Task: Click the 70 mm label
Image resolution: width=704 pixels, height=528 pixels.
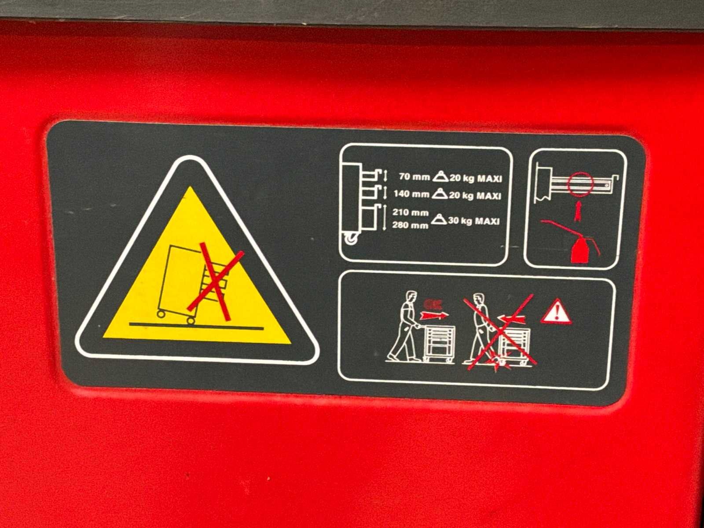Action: click(x=414, y=176)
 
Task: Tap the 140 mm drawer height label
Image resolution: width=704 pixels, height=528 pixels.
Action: click(x=411, y=194)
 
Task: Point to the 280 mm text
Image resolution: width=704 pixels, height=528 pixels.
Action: click(x=410, y=225)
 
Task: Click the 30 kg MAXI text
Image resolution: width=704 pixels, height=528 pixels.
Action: click(x=474, y=221)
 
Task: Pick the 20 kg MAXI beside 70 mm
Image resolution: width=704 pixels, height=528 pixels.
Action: click(x=476, y=178)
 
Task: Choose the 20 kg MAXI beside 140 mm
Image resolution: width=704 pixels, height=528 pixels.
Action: click(x=475, y=195)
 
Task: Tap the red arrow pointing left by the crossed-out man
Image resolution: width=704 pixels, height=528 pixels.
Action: click(x=511, y=319)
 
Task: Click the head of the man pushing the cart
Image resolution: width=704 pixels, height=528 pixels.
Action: click(x=411, y=297)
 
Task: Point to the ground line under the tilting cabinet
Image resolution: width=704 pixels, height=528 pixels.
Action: click(x=196, y=326)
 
